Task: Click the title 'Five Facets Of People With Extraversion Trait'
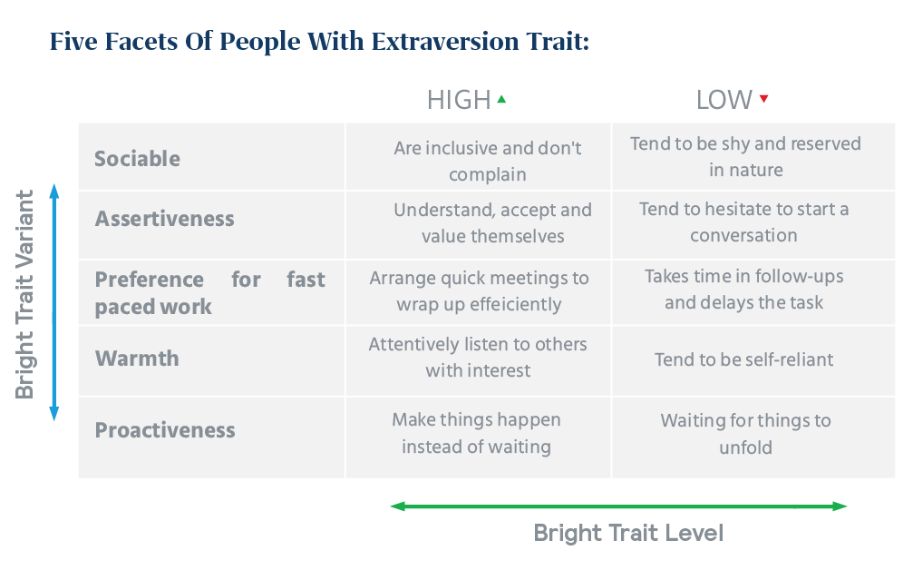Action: pyautogui.click(x=319, y=42)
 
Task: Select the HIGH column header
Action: pyautogui.click(x=459, y=100)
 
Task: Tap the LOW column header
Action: pyautogui.click(x=724, y=100)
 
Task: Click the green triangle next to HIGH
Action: pyautogui.click(x=501, y=99)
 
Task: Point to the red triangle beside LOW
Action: pyautogui.click(x=763, y=99)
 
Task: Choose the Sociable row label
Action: pyautogui.click(x=137, y=159)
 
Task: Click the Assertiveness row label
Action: pyautogui.click(x=164, y=219)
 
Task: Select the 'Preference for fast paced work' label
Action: pyautogui.click(x=209, y=292)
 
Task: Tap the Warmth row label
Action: pyautogui.click(x=137, y=359)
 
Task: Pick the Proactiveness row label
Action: pyautogui.click(x=165, y=430)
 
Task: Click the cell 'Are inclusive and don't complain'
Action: pyautogui.click(x=488, y=161)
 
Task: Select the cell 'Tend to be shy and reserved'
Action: pyautogui.click(x=745, y=157)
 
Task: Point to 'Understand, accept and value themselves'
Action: pyautogui.click(x=492, y=222)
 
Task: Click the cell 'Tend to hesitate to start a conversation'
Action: pyautogui.click(x=743, y=222)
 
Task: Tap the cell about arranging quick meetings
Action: pyautogui.click(x=479, y=290)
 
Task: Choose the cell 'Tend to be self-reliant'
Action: pyautogui.click(x=743, y=359)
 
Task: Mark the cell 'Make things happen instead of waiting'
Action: pyautogui.click(x=476, y=433)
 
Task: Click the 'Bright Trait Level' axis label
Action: pyautogui.click(x=627, y=533)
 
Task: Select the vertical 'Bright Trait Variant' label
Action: pyautogui.click(x=25, y=293)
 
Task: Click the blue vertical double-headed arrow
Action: pyautogui.click(x=53, y=302)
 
